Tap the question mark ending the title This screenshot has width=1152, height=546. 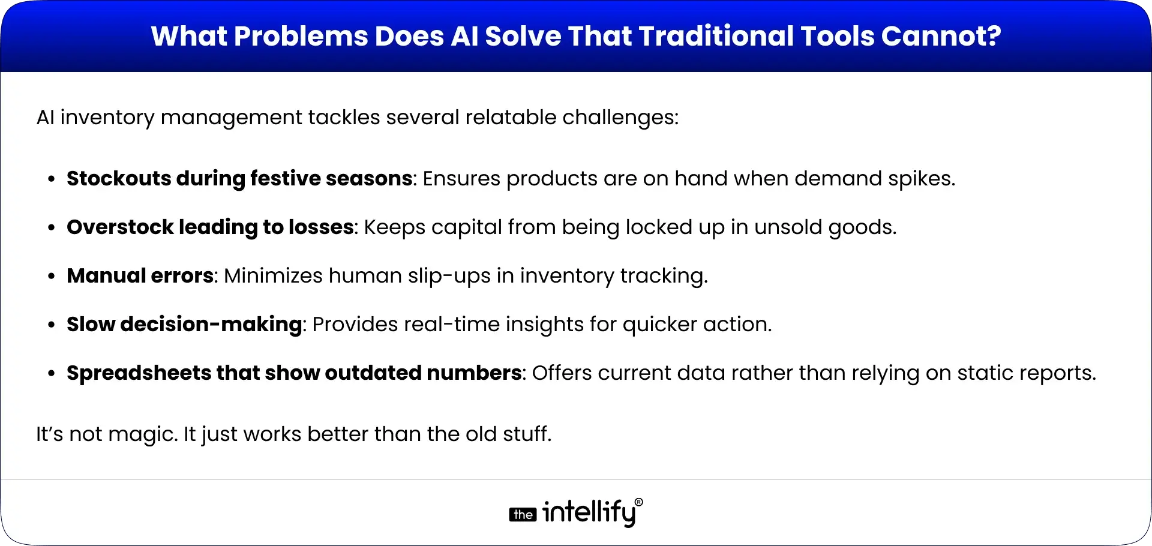pos(994,36)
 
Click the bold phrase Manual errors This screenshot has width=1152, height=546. pos(140,275)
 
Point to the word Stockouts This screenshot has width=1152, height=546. pos(119,178)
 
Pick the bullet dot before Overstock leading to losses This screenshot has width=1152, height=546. pos(53,227)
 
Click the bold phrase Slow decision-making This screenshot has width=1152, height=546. pos(184,324)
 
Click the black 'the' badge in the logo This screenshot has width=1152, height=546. pos(523,515)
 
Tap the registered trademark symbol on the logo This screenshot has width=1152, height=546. pos(638,502)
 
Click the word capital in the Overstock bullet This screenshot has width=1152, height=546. pos(466,227)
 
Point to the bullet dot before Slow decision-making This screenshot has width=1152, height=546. pos(53,325)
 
